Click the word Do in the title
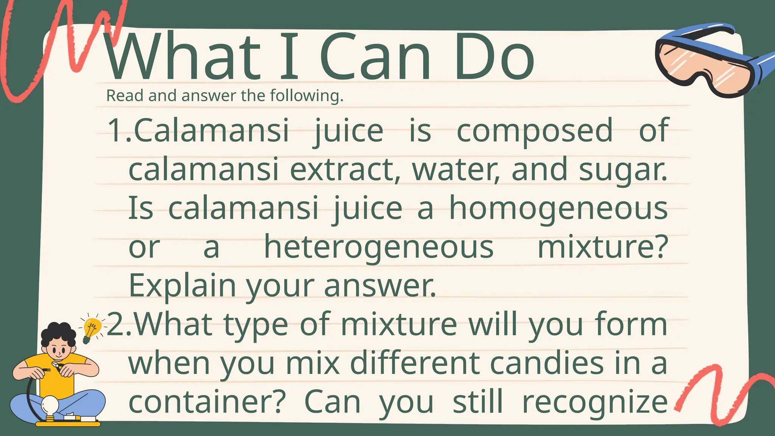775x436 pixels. [x=494, y=57]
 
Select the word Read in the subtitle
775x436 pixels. [x=124, y=96]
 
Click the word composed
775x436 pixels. [x=535, y=131]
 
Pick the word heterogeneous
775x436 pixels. [x=378, y=248]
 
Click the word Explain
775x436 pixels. [x=182, y=286]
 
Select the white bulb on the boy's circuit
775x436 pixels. [x=50, y=405]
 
